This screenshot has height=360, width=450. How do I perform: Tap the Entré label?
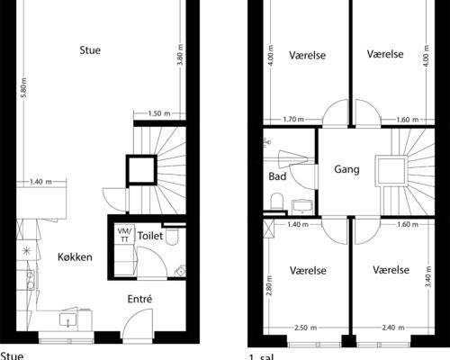click(139, 299)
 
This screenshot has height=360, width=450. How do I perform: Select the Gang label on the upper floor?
click(346, 169)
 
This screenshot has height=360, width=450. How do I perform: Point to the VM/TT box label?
click(123, 235)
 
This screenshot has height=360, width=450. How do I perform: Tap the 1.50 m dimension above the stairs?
click(159, 113)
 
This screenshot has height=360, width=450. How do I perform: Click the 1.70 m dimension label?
click(292, 119)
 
